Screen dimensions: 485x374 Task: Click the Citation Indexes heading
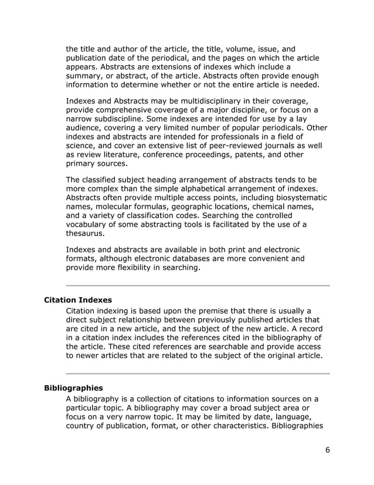[78, 299]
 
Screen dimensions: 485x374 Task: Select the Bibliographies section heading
[73, 388]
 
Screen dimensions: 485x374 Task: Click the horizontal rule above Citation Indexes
[198, 285]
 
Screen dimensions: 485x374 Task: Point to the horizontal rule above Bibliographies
[198, 373]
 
